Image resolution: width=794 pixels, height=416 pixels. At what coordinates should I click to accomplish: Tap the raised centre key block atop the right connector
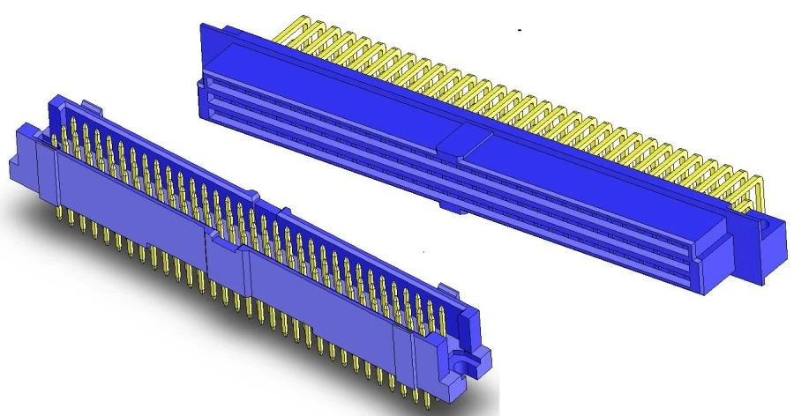click(x=461, y=140)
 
